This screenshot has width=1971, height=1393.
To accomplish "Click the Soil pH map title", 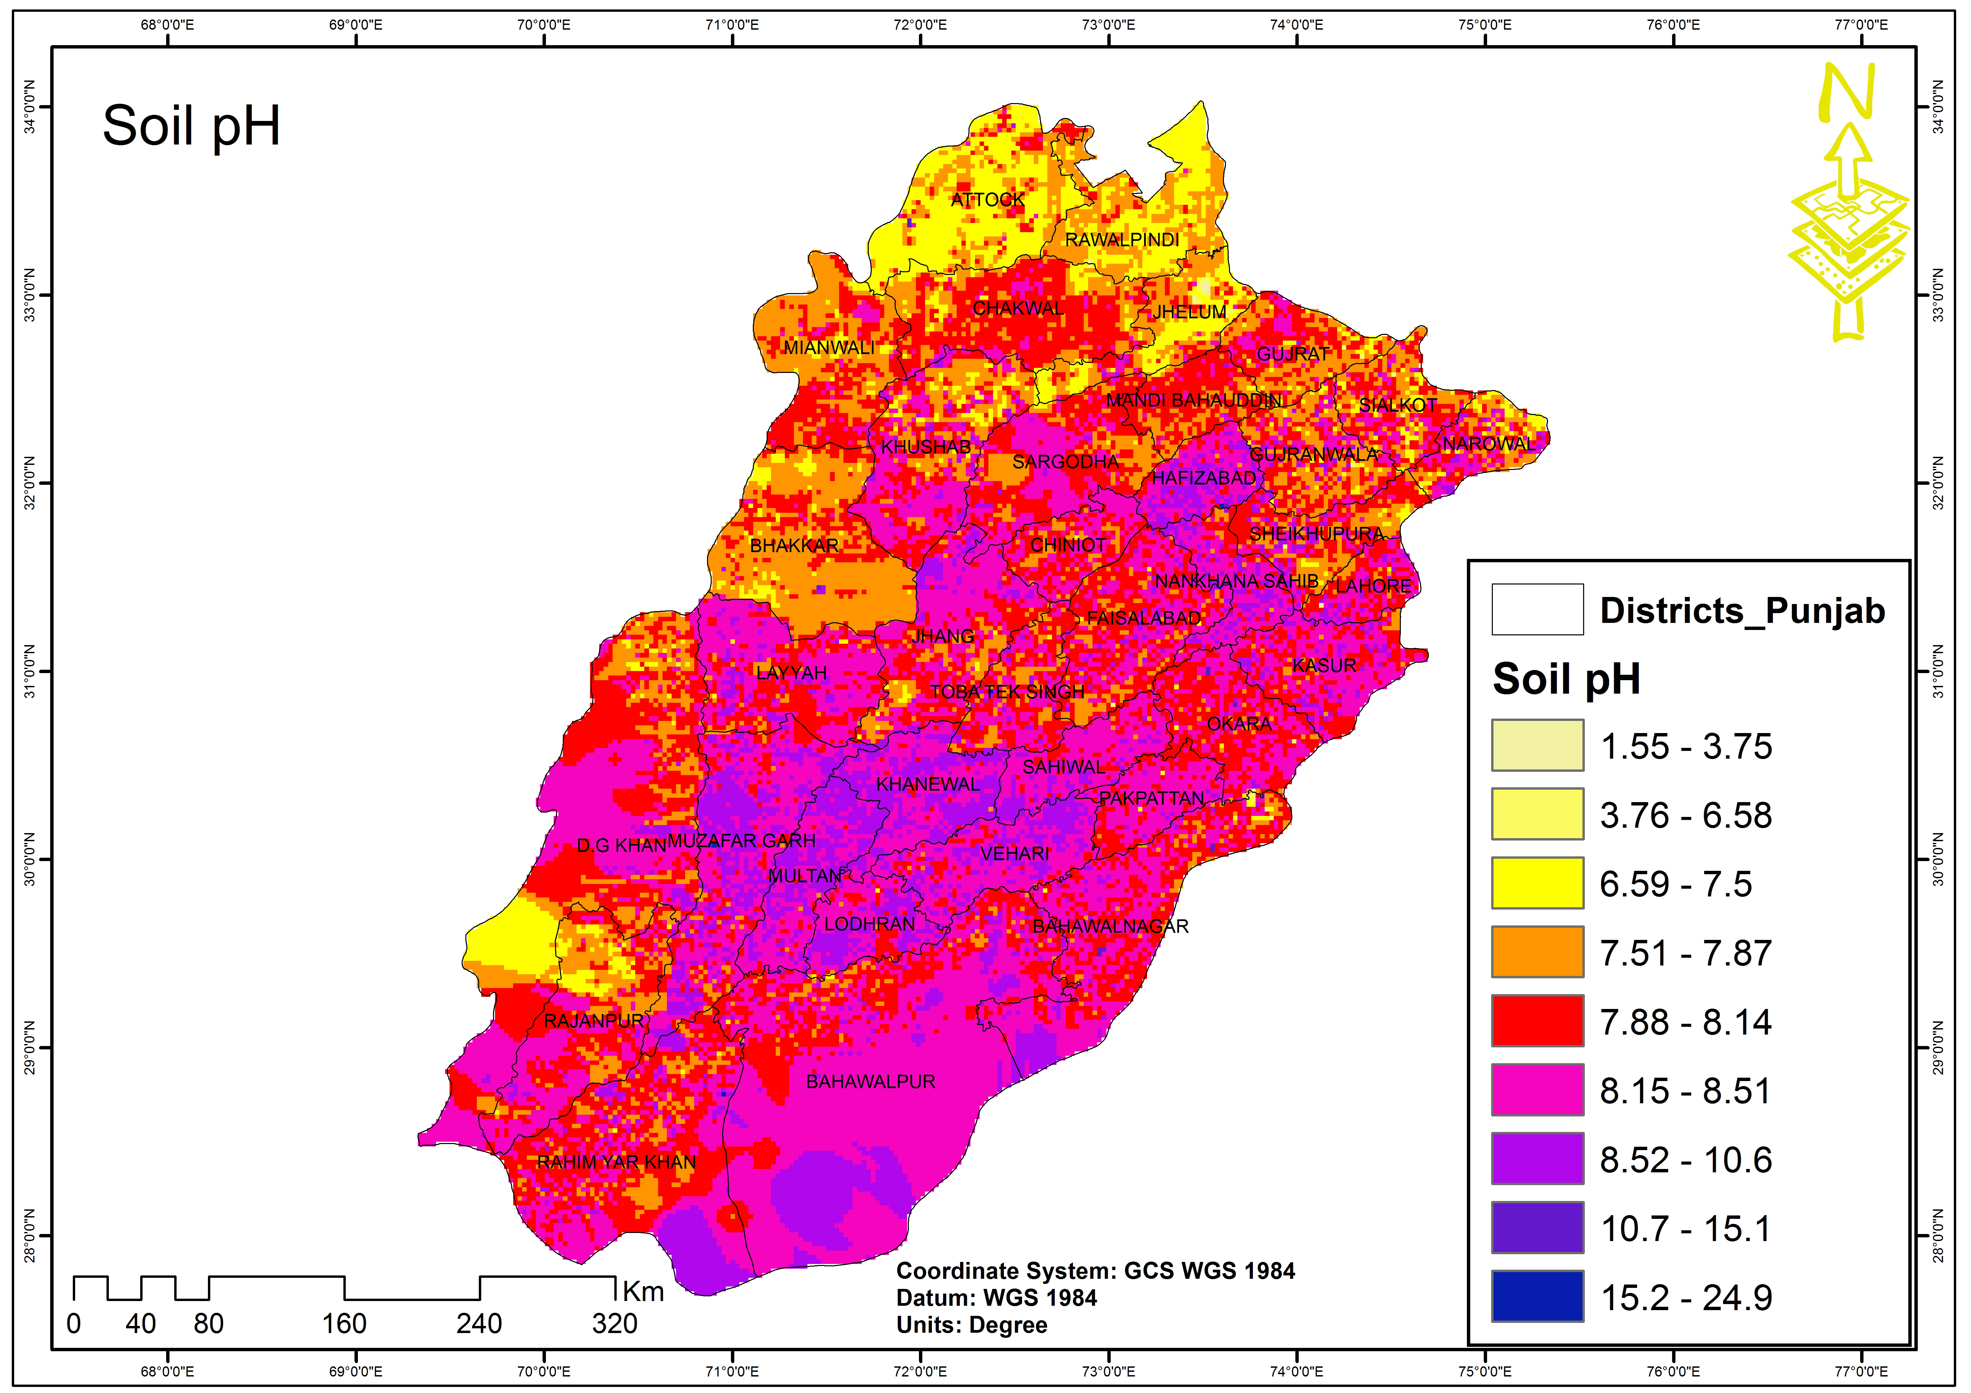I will coord(191,126).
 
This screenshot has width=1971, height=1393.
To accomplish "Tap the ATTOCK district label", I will coord(987,200).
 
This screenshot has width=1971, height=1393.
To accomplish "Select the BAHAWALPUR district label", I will coord(870,1081).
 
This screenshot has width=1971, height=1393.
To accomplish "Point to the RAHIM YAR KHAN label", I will coord(616,1162).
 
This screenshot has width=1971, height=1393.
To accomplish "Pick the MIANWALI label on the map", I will coord(828,348).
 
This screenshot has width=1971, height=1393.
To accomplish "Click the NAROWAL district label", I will coord(1488,444).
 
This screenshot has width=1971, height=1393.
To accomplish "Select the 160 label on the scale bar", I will coord(344,1324).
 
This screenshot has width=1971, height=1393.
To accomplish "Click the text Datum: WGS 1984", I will coord(996,1298).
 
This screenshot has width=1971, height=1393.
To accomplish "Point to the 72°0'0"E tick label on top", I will coord(920,24).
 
